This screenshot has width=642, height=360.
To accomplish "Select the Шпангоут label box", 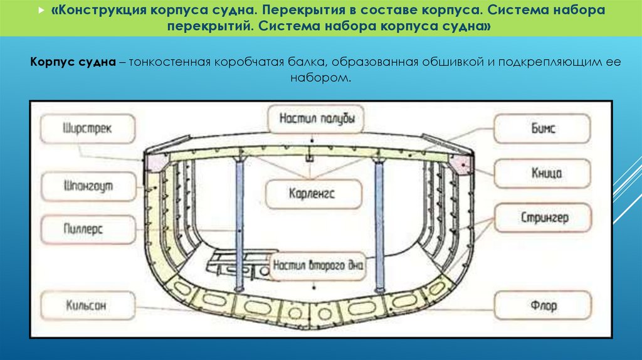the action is point(88,186).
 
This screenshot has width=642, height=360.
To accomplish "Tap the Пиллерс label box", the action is point(88,230).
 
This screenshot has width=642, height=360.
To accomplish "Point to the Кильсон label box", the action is point(88,307).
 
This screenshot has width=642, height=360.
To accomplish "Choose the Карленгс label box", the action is point(313,194).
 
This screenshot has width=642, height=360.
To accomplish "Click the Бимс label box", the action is point(542,129).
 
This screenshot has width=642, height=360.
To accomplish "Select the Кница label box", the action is point(542,173).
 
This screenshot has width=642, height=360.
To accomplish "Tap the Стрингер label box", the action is point(542,218).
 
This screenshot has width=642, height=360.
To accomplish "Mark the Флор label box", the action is point(542,307).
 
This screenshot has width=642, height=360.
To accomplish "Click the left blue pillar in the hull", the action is point(239,223).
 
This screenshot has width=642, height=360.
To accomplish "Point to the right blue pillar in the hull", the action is point(379,223).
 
